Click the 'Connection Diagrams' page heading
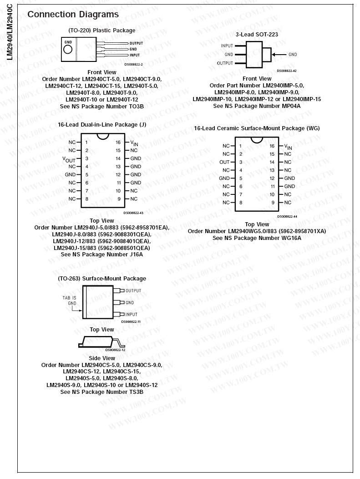73,15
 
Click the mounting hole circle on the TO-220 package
68,48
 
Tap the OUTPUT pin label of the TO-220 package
136,43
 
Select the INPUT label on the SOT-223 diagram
227,46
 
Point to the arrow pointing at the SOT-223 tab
279,55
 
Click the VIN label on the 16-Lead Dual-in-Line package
134,143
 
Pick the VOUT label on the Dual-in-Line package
69,159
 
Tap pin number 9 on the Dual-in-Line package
118,199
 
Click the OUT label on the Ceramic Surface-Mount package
224,162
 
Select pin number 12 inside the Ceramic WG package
272,178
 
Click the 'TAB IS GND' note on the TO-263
72,300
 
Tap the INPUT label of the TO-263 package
131,315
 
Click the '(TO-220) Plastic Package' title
101,31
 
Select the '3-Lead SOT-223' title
257,34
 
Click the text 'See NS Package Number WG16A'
257,238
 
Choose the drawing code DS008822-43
133,213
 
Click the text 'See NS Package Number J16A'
101,255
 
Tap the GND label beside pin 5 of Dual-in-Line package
70,174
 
